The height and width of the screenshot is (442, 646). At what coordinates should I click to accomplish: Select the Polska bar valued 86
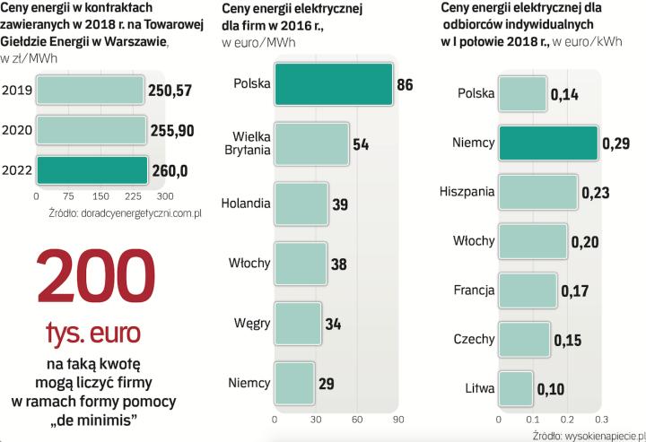coord(333,84)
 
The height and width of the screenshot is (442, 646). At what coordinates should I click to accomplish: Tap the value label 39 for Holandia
coord(340,204)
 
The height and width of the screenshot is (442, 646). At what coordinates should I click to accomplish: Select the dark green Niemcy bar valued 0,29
coord(548,142)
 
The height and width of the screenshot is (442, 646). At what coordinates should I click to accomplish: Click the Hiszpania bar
coord(537,192)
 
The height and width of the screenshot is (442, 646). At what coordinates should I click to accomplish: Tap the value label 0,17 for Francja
coord(573,290)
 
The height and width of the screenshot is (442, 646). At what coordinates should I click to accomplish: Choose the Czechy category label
coord(472,340)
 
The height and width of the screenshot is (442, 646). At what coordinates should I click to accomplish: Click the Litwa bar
coord(516,389)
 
